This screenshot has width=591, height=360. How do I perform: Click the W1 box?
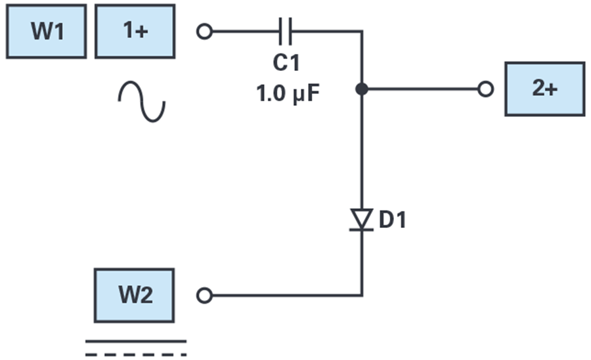coord(47,32)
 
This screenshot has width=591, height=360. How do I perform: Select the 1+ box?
coord(135,32)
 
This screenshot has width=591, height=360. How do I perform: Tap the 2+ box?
coord(545,89)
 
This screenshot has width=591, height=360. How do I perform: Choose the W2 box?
coord(134,296)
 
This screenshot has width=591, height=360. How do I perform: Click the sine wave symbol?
coord(142,101)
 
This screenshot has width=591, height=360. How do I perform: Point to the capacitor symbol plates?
coord(286,32)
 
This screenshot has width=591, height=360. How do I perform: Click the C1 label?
coord(286,62)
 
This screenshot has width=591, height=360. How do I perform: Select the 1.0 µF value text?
coord(288,93)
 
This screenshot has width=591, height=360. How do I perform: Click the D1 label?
coord(393,220)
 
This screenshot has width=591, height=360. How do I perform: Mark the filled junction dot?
coord(362,89)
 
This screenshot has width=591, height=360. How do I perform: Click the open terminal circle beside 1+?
coord(205,32)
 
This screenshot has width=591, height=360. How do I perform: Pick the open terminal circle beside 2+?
coord(485,89)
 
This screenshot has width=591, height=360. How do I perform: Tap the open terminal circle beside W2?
coord(205,296)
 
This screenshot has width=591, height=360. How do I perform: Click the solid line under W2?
coord(136,342)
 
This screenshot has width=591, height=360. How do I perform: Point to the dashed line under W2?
coord(136,355)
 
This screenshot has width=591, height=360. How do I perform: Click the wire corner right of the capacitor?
coord(362,32)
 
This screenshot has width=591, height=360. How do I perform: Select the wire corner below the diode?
coord(362,296)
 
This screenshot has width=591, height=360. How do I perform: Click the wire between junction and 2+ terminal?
coord(422,89)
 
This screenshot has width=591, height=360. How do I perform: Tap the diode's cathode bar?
coord(361,229)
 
